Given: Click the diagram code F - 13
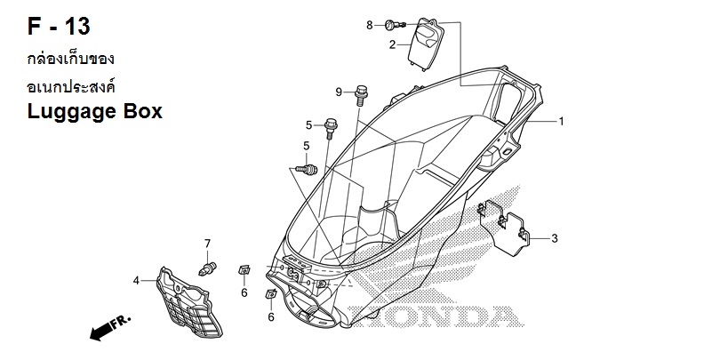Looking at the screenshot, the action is (59, 26).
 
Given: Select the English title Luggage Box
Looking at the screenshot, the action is (94, 112).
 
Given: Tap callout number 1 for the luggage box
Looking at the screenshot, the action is (561, 121).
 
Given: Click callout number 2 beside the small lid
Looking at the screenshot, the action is (392, 44).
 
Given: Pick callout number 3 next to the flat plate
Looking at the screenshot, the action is (555, 238).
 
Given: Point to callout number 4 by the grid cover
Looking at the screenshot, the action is (136, 280).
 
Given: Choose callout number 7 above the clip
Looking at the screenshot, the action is (207, 244).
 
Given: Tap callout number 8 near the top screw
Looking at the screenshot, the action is (370, 25).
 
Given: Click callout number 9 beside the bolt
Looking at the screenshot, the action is (339, 92).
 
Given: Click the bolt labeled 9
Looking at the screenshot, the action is (362, 95).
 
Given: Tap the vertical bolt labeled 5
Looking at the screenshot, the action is (330, 128).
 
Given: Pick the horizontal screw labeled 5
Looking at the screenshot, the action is (307, 170).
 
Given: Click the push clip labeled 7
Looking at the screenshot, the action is (207, 268).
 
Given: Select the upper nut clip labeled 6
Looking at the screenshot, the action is (244, 270).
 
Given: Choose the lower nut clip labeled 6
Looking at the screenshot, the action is (271, 293).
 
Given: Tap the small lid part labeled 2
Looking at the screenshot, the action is (425, 44).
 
